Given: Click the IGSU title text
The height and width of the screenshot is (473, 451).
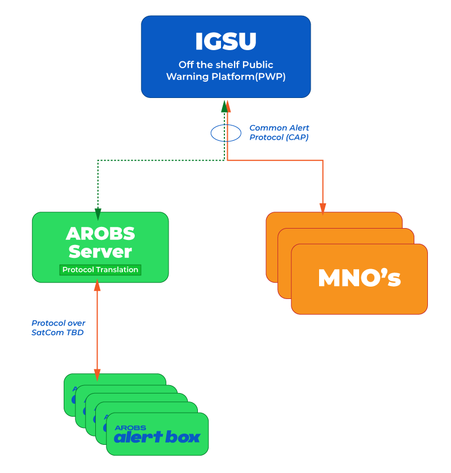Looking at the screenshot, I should [225, 41].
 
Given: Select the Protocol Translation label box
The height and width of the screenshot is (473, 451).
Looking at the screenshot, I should [100, 270].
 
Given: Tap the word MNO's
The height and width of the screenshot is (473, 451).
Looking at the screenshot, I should [359, 278].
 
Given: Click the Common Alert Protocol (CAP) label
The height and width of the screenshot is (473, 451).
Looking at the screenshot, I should [279, 132].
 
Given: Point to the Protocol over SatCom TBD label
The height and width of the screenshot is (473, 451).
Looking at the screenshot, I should [59, 328].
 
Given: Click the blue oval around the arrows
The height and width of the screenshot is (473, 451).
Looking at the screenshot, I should [225, 133].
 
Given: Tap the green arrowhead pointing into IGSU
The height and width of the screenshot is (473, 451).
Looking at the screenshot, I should [224, 106].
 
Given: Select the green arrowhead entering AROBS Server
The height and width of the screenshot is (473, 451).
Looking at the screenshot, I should [98, 215].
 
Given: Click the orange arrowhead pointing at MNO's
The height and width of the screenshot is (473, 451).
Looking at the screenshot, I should [323, 209].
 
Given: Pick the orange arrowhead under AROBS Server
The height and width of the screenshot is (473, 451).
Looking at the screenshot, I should [97, 286].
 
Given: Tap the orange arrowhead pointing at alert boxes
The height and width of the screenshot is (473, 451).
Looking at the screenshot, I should [97, 374].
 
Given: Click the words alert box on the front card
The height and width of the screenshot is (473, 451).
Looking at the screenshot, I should [157, 437].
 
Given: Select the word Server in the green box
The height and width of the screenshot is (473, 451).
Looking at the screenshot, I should [100, 251].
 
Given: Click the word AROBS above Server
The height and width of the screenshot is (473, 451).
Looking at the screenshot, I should [100, 233].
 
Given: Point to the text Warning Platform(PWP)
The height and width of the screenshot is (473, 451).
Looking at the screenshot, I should [225, 77].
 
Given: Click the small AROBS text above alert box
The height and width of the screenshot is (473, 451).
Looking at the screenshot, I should [130, 427].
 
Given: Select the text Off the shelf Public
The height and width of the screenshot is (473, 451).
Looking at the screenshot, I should [225, 65].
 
